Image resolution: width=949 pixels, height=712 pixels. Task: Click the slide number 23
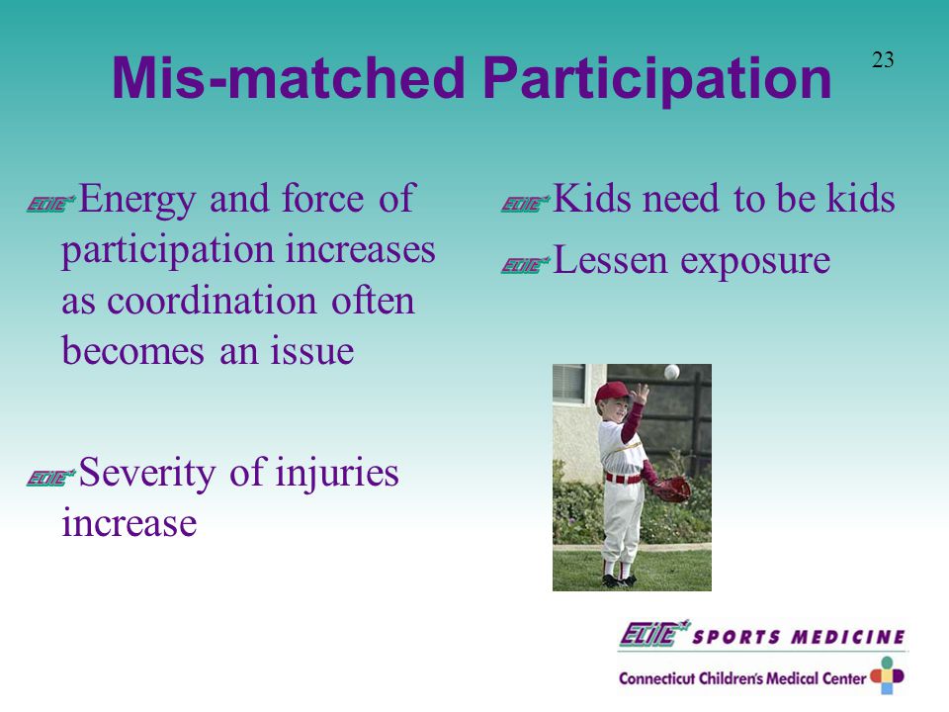pyautogui.click(x=883, y=59)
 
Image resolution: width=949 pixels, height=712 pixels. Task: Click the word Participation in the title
pyautogui.click(x=658, y=79)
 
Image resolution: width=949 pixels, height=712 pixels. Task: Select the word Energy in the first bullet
pyautogui.click(x=136, y=199)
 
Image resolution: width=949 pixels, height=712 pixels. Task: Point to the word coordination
pyautogui.click(x=212, y=301)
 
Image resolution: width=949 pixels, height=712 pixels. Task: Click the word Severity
pyautogui.click(x=147, y=474)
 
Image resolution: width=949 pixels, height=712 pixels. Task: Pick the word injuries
pyautogui.click(x=337, y=474)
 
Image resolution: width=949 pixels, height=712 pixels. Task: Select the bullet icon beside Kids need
pyautogui.click(x=525, y=204)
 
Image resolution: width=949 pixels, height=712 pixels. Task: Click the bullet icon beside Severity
pyautogui.click(x=50, y=477)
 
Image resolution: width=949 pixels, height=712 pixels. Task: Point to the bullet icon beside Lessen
pyautogui.click(x=525, y=265)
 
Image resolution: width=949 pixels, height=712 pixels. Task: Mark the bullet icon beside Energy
pyautogui.click(x=50, y=204)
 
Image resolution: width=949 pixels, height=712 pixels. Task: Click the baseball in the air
pyautogui.click(x=672, y=372)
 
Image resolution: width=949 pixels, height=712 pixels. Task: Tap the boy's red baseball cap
pyautogui.click(x=612, y=393)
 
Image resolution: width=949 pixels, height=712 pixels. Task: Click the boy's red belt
pyautogui.click(x=624, y=479)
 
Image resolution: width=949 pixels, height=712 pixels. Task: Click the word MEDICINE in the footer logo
pyautogui.click(x=848, y=637)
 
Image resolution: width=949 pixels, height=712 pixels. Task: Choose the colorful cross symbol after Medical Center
pyautogui.click(x=888, y=675)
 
